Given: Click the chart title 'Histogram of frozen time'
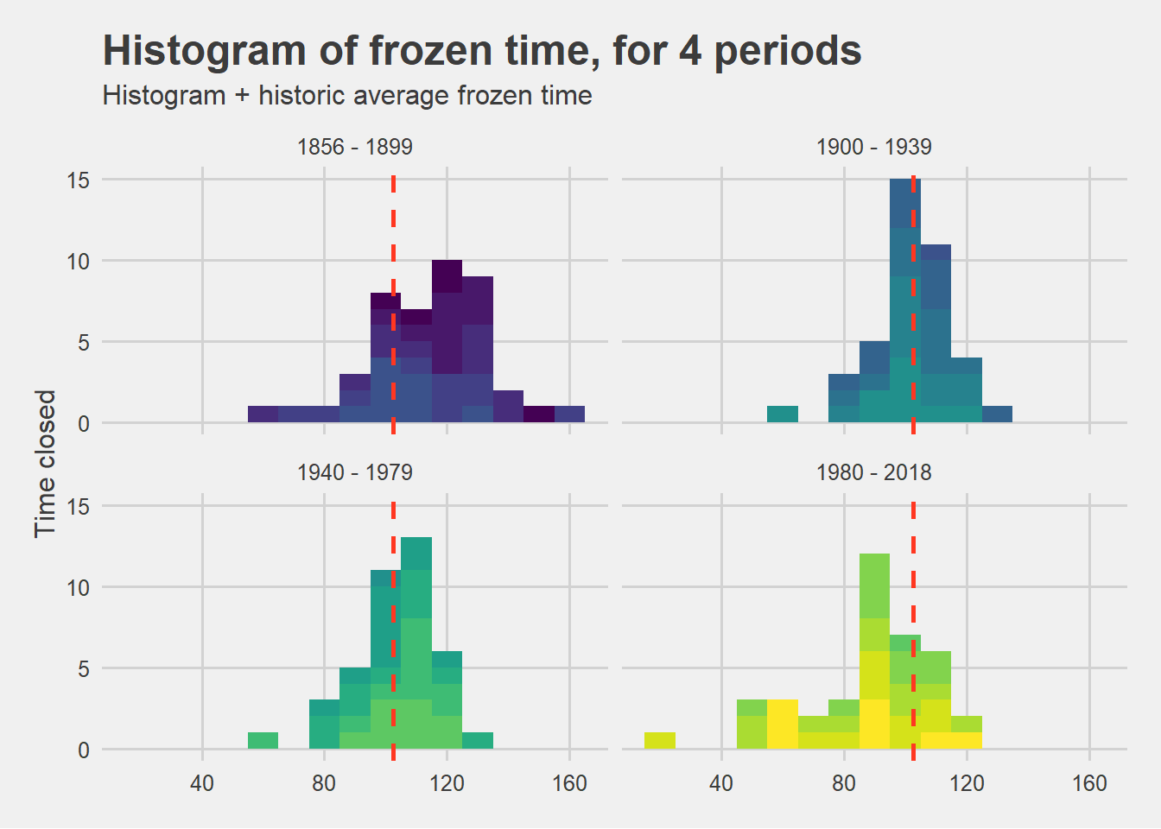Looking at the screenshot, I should point(481,51).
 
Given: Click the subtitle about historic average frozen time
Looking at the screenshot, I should point(347,96).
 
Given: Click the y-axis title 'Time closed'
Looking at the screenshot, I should point(45,464).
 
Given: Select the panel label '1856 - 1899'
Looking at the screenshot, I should point(354,147).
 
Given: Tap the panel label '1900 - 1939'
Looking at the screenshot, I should point(873,147).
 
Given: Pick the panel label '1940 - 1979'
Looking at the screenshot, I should point(354,472).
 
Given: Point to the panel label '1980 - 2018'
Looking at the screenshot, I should point(873,472).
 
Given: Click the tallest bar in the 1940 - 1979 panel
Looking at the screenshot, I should point(416,643).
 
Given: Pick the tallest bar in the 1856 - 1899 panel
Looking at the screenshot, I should point(447,341).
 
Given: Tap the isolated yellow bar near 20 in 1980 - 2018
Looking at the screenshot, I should point(660,740).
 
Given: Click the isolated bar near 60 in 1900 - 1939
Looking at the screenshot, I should point(783,414).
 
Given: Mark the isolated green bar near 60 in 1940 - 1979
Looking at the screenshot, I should point(263,740).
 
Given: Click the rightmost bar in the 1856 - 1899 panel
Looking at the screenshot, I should point(569,414).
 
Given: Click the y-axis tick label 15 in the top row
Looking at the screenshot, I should point(79,180).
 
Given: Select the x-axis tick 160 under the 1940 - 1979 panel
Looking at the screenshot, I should point(569,783).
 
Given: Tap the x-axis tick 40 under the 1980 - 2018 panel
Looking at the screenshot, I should point(721,783).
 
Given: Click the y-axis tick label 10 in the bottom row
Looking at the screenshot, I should point(79,587).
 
